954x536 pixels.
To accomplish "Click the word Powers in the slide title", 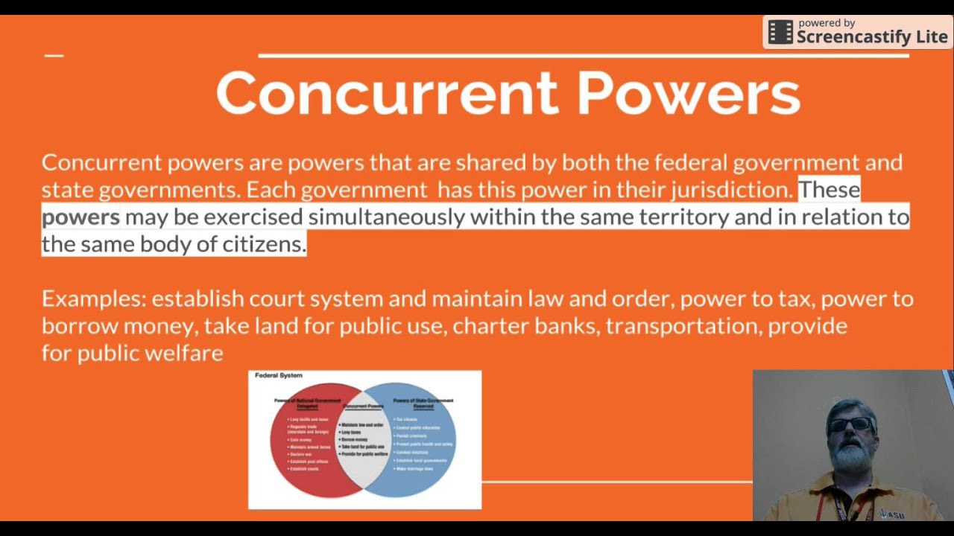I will point(688,94).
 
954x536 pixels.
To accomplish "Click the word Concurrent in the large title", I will point(386,94).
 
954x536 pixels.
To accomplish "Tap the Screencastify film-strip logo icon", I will point(780,32).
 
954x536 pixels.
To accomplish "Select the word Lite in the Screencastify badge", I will point(931,37).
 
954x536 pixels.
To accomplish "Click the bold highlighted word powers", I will point(80,217).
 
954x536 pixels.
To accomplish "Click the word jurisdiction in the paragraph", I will point(730,190).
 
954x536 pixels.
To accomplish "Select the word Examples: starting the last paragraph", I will point(93,299).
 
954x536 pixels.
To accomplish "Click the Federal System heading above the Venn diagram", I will point(279,375).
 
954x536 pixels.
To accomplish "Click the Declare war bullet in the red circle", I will point(301,454).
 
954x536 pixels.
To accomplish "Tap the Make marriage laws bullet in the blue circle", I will point(415,469).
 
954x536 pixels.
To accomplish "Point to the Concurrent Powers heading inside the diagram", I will point(364,406).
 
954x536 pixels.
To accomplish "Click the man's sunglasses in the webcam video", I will point(850,424).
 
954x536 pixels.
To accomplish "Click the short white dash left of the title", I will point(54,55).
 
